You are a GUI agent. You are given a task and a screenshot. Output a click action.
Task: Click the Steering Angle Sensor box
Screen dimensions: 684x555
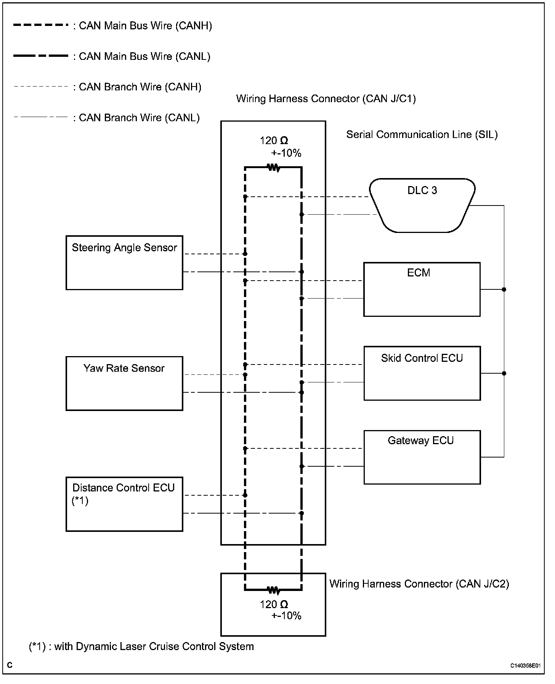[124, 263]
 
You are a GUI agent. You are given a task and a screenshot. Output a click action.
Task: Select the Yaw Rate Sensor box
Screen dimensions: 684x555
[124, 383]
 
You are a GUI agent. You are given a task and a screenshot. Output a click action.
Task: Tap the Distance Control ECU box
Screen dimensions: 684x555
[124, 504]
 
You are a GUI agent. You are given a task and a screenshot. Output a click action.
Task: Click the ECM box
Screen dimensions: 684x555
[422, 289]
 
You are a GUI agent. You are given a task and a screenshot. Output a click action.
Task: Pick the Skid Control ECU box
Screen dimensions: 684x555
[422, 373]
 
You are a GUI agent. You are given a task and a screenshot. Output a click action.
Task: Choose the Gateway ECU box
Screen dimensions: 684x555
[422, 457]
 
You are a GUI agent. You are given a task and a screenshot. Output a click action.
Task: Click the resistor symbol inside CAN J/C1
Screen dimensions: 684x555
[274, 167]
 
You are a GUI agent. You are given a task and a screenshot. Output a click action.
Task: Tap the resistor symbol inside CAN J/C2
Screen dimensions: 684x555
[274, 591]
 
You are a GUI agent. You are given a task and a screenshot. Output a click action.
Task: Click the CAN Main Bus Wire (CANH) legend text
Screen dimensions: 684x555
[145, 26]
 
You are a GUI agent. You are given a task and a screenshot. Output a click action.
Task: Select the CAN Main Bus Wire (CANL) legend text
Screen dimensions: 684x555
[144, 56]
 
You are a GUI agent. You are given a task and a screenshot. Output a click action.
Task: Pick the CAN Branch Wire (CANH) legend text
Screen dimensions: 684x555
[140, 87]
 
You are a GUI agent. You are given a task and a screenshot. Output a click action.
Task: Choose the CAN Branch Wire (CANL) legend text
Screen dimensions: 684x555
[139, 118]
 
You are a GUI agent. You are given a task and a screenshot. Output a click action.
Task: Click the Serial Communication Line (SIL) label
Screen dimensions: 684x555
[422, 135]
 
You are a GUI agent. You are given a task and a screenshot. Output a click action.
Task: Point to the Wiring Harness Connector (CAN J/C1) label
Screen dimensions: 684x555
[326, 99]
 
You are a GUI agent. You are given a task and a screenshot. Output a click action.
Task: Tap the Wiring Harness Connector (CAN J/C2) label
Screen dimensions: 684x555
[419, 584]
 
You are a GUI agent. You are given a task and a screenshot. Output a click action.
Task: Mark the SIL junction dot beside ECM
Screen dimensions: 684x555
[504, 289]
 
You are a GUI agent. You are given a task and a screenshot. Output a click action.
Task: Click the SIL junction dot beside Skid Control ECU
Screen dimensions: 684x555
[504, 373]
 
